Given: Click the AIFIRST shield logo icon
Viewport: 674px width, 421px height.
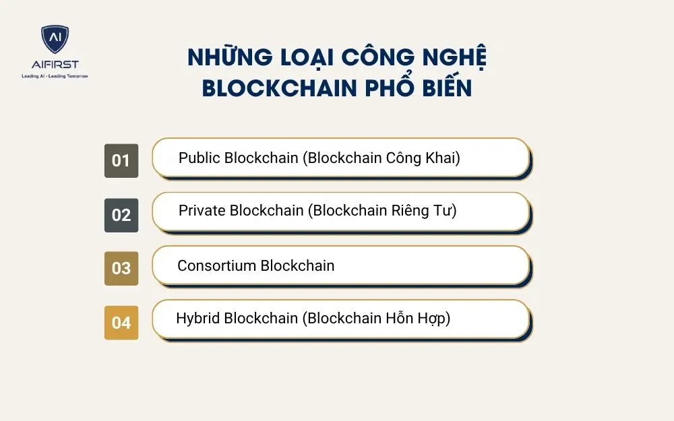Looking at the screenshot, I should click(x=55, y=40).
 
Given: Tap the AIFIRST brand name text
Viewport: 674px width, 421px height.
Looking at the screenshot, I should click(x=55, y=64).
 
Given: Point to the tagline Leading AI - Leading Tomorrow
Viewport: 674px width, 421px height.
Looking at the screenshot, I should click(x=55, y=76).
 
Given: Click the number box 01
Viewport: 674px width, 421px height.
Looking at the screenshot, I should click(x=121, y=161).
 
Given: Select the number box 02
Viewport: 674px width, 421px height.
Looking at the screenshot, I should click(x=121, y=215).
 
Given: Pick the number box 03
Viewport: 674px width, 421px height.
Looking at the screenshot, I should click(x=121, y=268).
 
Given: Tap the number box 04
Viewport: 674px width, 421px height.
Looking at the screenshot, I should click(x=121, y=323).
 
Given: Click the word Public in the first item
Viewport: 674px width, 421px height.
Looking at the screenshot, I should click(x=199, y=158).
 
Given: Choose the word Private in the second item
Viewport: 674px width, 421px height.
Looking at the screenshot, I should click(x=202, y=211).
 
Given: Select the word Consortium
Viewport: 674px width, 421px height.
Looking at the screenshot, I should click(x=216, y=265).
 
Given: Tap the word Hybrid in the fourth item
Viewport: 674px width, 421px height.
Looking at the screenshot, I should click(x=197, y=318).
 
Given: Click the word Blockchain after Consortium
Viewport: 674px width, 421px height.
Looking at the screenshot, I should click(x=297, y=265).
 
